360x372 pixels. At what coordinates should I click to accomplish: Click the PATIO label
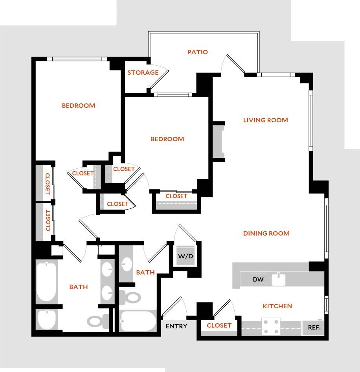click(197, 52)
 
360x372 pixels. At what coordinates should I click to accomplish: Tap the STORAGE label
click(143, 72)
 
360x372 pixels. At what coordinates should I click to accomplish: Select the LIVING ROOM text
click(265, 120)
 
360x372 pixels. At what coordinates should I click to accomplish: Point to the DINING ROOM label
click(266, 233)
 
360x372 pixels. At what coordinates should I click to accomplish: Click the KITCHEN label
click(277, 306)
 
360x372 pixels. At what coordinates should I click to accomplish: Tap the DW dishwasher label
click(258, 280)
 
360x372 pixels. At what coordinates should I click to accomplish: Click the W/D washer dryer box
click(186, 257)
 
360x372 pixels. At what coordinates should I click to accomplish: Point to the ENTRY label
click(176, 326)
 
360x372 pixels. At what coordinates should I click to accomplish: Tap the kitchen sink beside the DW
click(279, 279)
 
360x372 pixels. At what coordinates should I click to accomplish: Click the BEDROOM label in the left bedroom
click(79, 105)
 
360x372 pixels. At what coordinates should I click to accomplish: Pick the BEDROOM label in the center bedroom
click(167, 139)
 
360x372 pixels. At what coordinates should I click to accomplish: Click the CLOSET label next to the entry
click(219, 325)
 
